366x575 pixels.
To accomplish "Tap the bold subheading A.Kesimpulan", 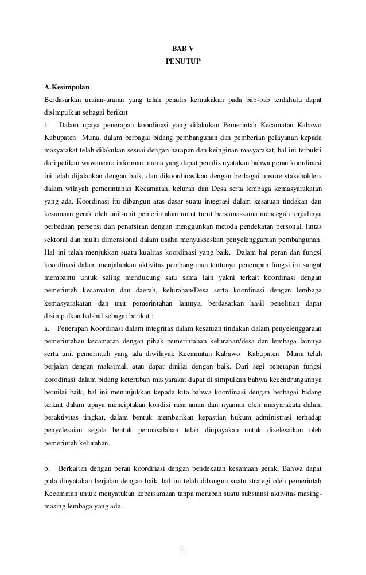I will click(x=67, y=88).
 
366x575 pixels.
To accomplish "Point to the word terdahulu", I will click(x=287, y=101).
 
